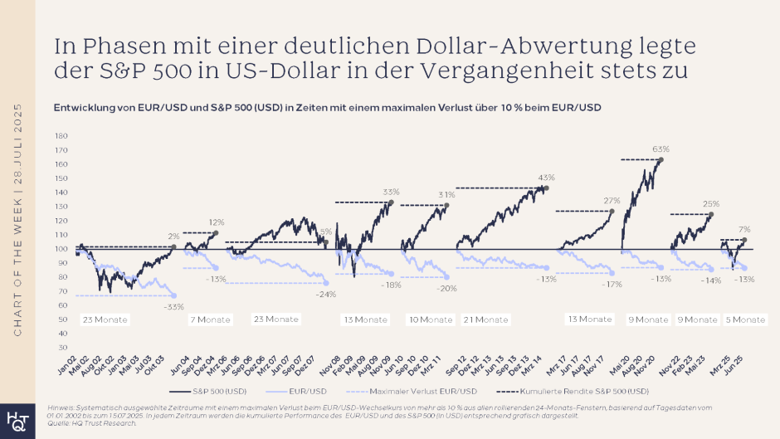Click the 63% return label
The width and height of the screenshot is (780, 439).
coord(661,149)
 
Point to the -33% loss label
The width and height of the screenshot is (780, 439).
coord(173,306)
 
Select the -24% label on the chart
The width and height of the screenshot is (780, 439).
coord(326,294)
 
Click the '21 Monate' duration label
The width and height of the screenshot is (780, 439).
coord(485,319)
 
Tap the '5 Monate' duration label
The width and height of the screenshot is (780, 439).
coord(744,319)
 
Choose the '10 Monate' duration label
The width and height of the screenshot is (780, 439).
coord(431,319)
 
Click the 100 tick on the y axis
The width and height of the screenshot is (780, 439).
coord(61,249)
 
